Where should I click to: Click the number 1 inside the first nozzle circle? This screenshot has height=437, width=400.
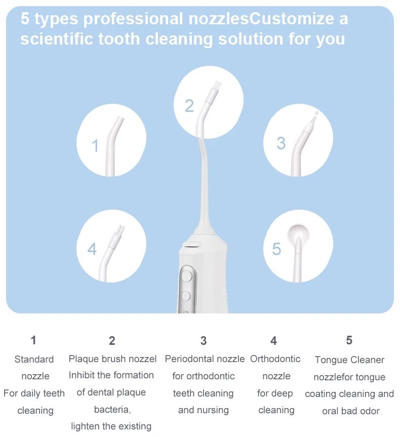95,145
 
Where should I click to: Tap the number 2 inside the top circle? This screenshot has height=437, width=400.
189,106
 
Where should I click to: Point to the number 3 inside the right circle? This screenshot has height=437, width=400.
281,143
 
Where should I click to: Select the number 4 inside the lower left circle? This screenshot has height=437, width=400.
92,249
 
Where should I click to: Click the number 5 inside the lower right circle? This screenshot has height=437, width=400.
276,249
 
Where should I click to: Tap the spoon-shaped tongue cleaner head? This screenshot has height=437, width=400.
298,233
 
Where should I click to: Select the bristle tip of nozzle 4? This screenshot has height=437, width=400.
121,229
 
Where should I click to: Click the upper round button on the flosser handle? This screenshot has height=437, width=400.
187,276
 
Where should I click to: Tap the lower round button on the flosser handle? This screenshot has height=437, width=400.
186,296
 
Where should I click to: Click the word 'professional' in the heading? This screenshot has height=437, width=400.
133,19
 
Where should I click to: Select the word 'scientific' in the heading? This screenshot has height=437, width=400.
57,39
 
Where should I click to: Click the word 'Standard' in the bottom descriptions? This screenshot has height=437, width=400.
34,359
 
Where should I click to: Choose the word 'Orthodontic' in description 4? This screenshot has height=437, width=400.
275,359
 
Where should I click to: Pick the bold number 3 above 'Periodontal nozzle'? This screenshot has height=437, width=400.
204,341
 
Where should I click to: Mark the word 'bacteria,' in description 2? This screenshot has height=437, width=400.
112,410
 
